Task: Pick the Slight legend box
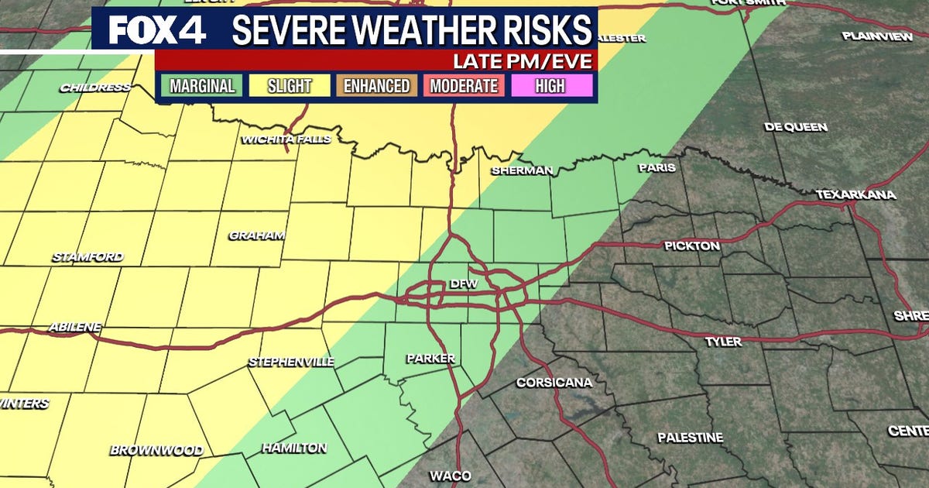[x=290, y=85]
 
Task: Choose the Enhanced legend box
[x=376, y=85]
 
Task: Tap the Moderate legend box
[x=464, y=85]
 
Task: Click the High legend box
[x=550, y=85]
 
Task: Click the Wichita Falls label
[x=286, y=139]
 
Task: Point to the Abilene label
[x=75, y=327]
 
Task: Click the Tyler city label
[x=723, y=341]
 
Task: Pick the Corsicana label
[x=554, y=383]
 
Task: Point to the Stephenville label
[x=291, y=362]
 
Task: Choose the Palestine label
[x=691, y=438]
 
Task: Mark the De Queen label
[x=795, y=127]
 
